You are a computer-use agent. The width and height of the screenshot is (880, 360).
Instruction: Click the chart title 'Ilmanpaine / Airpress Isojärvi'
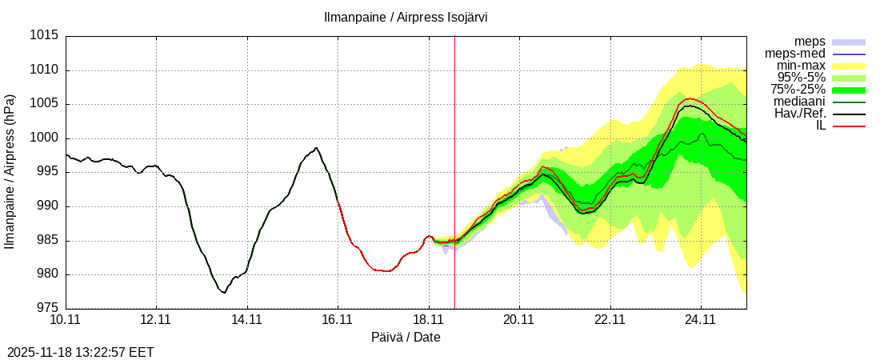pyautogui.click(x=406, y=17)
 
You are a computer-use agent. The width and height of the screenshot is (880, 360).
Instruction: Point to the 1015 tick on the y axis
pyautogui.click(x=43, y=36)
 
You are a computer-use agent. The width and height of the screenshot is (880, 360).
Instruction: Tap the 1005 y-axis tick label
pyautogui.click(x=43, y=104)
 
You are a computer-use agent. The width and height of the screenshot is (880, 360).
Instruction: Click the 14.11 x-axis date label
pyautogui.click(x=247, y=320)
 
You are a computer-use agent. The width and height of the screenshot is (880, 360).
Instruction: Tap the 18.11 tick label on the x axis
pyautogui.click(x=429, y=320)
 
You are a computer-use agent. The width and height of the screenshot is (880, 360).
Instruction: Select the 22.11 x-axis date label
pyautogui.click(x=610, y=320)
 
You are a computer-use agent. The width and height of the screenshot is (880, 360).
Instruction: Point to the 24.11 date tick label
pyautogui.click(x=701, y=320)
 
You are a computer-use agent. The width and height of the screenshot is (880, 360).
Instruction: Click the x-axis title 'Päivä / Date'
pyautogui.click(x=406, y=338)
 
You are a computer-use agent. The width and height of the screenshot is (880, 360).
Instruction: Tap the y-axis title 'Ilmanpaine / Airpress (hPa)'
pyautogui.click(x=10, y=172)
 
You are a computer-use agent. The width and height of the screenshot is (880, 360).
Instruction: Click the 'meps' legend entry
pyautogui.click(x=810, y=42)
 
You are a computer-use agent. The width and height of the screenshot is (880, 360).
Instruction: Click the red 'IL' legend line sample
pyautogui.click(x=849, y=126)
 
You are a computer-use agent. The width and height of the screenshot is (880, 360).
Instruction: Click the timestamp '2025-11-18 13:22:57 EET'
pyautogui.click(x=81, y=352)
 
